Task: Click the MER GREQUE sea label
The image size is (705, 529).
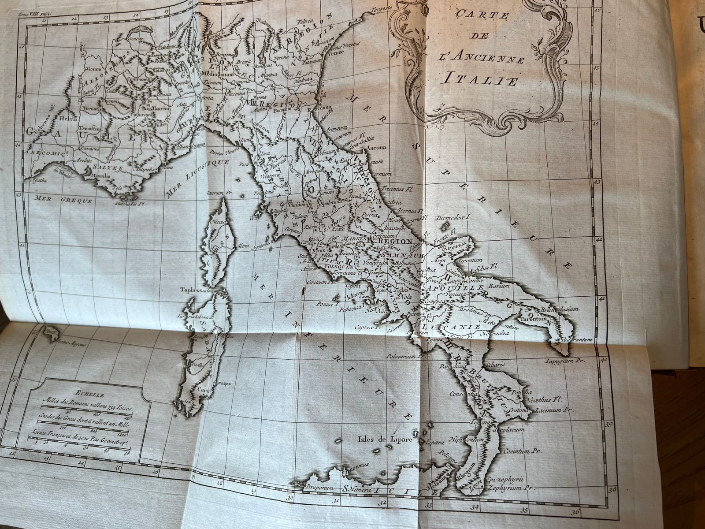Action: point(64,199)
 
